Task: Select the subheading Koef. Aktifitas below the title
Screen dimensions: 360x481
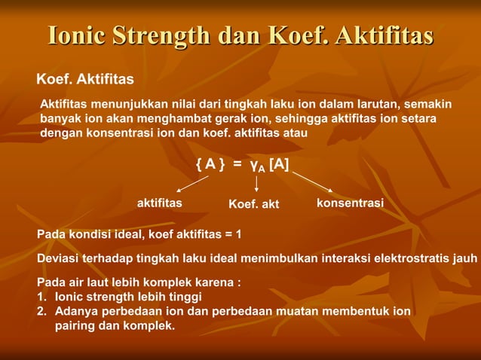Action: pyautogui.click(x=85, y=79)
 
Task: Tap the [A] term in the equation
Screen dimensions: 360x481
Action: pyautogui.click(x=278, y=164)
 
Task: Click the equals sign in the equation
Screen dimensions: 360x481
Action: pyautogui.click(x=237, y=165)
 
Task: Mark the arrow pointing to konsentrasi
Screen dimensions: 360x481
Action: pyautogui.click(x=312, y=181)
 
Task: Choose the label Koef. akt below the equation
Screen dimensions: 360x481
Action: pyautogui.click(x=253, y=204)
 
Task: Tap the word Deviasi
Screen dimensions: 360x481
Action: pyautogui.click(x=58, y=258)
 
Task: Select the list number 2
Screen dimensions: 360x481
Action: pyautogui.click(x=42, y=310)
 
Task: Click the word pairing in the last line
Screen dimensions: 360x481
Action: pyautogui.click(x=75, y=325)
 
